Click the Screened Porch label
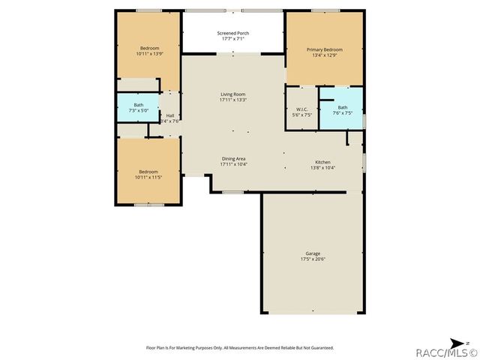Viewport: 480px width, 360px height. pos(233,33)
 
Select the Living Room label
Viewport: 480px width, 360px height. pos(233,94)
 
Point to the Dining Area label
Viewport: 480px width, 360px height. pos(233,158)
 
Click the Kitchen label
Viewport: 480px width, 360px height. pos(323,162)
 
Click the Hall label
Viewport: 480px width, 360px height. pos(170,115)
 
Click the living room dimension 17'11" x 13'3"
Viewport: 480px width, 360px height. pos(233,100)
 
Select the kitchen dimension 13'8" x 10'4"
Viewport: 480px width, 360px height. pos(323,167)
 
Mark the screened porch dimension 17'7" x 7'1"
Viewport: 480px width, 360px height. pos(233,39)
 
